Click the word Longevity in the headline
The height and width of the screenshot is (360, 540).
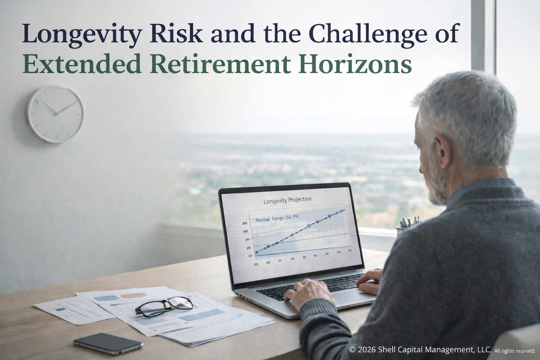[82, 34]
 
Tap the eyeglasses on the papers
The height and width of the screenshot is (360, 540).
[164, 306]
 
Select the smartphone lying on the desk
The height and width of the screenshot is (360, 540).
[108, 343]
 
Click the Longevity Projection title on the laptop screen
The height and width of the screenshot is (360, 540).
[287, 200]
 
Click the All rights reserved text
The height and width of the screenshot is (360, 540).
[514, 351]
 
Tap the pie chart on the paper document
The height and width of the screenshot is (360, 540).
[134, 295]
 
